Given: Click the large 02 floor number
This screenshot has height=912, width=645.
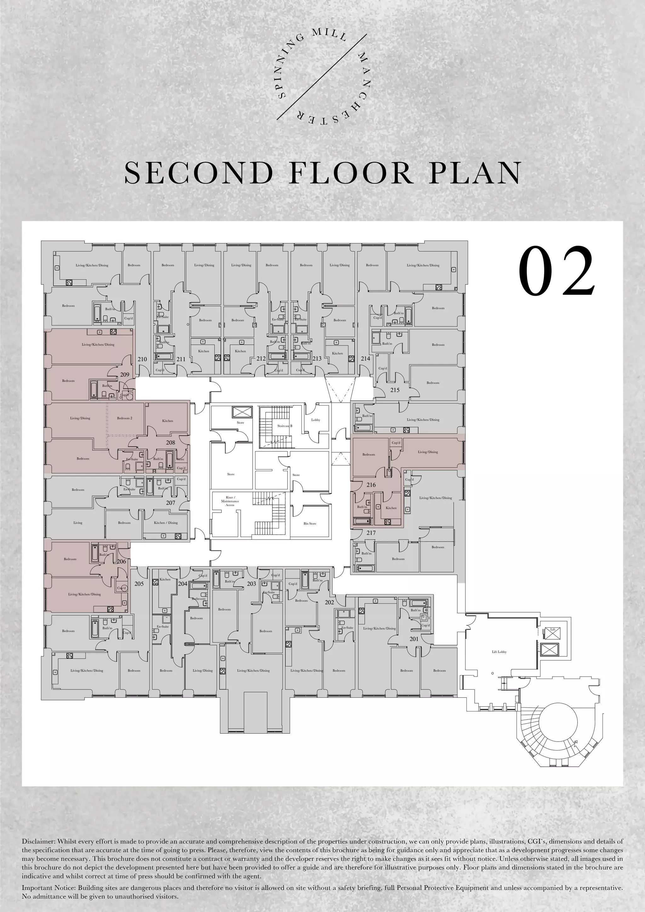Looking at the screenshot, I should coord(557,272).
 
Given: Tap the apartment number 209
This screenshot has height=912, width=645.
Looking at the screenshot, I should coord(125,374).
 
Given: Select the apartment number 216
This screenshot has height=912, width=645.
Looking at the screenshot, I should coord(371,485).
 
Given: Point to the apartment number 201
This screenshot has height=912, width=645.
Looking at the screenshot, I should coord(414,639).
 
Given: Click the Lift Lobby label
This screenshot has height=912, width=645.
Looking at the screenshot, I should coord(499,652).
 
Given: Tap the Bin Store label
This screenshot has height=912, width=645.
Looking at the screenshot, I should coord(310,523).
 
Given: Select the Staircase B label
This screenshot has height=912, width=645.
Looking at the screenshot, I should coord(285,426).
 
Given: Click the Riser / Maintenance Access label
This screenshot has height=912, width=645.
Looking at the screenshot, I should coord(230,501).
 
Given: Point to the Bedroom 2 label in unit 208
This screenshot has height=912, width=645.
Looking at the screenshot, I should coord(125,418).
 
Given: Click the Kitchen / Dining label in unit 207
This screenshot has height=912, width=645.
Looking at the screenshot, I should coord(166,523).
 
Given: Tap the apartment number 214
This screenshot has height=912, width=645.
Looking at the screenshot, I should coord(365,358).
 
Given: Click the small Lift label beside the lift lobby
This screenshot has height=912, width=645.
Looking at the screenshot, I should coord(552,629).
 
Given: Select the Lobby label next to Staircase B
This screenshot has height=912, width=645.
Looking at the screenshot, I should coord(315,420).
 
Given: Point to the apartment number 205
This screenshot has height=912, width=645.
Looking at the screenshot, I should coord(139,584).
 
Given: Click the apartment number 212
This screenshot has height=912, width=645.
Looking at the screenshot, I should coord(260,359).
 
